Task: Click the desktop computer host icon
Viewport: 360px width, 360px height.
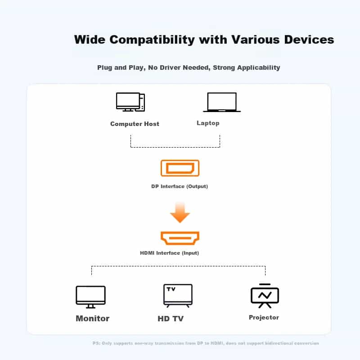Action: [130, 102]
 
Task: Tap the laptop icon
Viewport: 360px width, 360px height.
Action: [221, 102]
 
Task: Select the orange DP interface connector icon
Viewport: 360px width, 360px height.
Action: [180, 168]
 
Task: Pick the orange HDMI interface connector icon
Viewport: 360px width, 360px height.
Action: [180, 238]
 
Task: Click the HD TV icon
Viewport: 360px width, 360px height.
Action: [178, 296]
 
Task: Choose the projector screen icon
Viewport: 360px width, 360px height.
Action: [265, 296]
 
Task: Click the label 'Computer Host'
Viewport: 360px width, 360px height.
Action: [135, 124]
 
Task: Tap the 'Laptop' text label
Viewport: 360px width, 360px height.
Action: [208, 123]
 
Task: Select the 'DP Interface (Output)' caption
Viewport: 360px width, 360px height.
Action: [180, 186]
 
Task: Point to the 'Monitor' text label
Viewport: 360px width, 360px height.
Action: [92, 318]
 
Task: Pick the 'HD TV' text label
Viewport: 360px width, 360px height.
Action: [171, 319]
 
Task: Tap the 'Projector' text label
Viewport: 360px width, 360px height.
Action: [264, 317]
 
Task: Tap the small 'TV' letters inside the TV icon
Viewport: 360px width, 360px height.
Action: [171, 289]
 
